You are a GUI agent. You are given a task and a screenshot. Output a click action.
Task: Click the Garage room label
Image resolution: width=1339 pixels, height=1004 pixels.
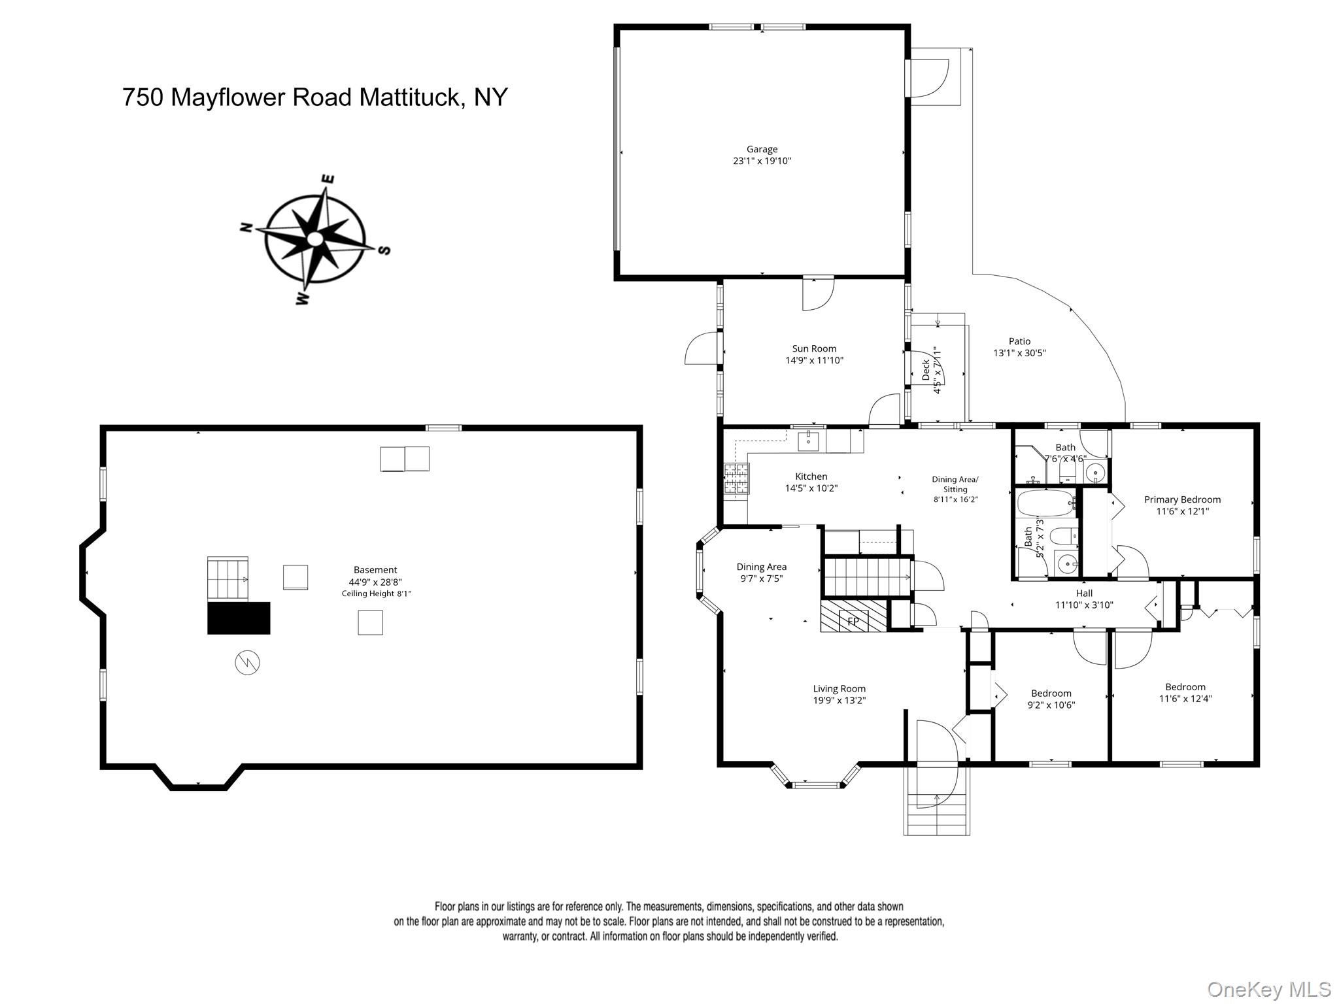click(x=762, y=149)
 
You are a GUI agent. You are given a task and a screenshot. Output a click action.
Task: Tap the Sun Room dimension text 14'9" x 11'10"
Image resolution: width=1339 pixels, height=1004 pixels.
click(x=814, y=360)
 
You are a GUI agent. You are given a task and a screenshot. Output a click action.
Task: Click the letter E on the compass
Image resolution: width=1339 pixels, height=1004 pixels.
click(x=329, y=179)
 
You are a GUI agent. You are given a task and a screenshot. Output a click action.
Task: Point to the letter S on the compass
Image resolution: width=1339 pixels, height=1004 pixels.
click(x=385, y=250)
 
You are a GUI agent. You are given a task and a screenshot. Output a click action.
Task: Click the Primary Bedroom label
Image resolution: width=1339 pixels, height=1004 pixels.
click(x=1182, y=499)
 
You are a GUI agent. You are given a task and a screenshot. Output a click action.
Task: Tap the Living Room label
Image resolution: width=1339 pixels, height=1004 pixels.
click(x=839, y=688)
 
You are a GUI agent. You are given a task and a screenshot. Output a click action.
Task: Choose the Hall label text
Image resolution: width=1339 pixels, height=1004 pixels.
click(x=1084, y=594)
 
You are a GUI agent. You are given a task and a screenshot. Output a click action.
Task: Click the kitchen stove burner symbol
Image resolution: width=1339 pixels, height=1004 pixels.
click(x=736, y=478)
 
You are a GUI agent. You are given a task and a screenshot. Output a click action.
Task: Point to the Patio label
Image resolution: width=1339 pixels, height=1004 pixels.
click(x=1019, y=341)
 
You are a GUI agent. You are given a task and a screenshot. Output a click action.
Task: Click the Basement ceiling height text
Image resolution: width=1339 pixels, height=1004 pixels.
click(x=376, y=594)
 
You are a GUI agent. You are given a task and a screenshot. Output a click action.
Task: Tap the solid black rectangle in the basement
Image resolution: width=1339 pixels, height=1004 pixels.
click(x=239, y=618)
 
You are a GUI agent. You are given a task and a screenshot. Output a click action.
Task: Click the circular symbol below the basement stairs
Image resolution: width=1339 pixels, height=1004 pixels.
click(x=247, y=663)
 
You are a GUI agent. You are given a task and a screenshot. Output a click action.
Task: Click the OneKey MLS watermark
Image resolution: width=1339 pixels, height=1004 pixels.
click(x=1268, y=989)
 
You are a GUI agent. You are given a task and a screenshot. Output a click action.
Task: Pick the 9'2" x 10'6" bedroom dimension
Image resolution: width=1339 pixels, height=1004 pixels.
click(x=1051, y=705)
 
